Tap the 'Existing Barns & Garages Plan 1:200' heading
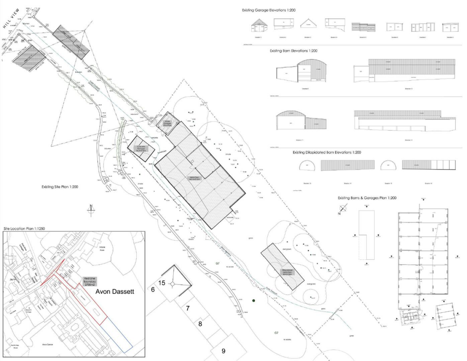[x=367, y=198]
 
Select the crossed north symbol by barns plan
[x=343, y=209]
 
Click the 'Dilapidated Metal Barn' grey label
[x=287, y=272]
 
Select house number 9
[x=223, y=351]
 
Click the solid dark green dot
[x=253, y=300]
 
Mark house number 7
[x=187, y=308]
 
